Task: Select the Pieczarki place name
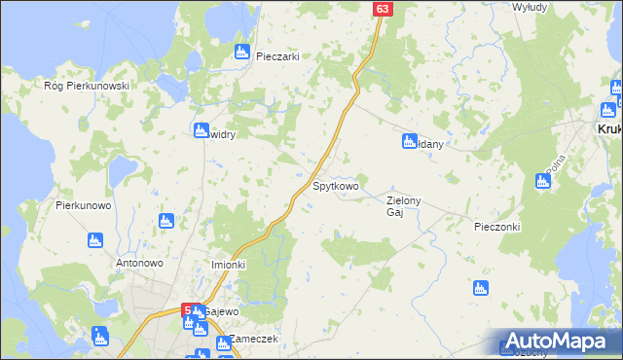click(276, 56)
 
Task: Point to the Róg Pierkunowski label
click(87, 86)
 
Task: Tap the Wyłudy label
click(531, 7)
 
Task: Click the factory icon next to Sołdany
click(410, 142)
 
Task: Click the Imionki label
click(229, 265)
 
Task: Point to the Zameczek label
click(254, 340)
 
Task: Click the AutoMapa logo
click(557, 342)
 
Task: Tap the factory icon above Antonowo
click(94, 239)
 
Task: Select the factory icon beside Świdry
click(202, 130)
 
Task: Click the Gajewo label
click(222, 311)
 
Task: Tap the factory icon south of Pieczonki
click(479, 288)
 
